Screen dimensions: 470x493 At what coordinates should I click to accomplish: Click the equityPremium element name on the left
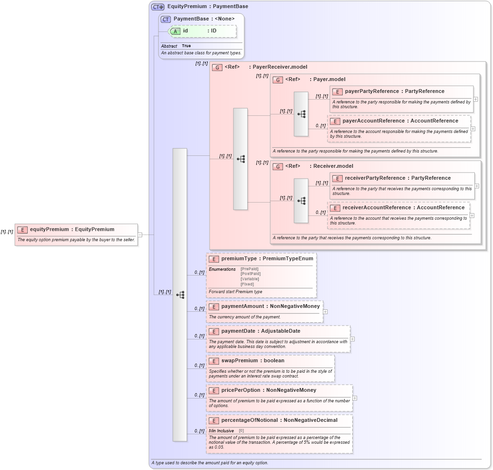point(49,229)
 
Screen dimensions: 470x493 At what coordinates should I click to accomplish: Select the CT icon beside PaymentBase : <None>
point(166,19)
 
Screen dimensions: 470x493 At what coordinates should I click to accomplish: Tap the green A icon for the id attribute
point(175,31)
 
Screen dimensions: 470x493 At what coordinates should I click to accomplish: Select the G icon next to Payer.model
point(278,80)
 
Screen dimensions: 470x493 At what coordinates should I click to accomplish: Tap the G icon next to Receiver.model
point(278,166)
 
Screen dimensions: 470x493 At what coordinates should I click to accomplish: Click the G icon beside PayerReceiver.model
point(217,67)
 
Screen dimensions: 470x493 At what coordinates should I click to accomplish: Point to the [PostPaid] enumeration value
point(251,274)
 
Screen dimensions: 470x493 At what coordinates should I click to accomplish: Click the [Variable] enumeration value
point(250,279)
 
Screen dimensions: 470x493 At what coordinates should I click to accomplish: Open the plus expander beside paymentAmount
point(325,311)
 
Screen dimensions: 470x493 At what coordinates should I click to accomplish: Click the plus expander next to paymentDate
point(352,339)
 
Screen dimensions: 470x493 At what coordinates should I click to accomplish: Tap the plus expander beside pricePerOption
point(355,398)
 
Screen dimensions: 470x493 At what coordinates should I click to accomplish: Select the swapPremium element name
point(240,361)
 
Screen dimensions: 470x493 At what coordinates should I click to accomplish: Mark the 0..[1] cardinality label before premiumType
point(199,273)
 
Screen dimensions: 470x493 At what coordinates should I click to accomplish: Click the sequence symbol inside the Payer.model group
point(301,114)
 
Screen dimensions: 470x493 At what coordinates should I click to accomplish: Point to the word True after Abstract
point(186,46)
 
